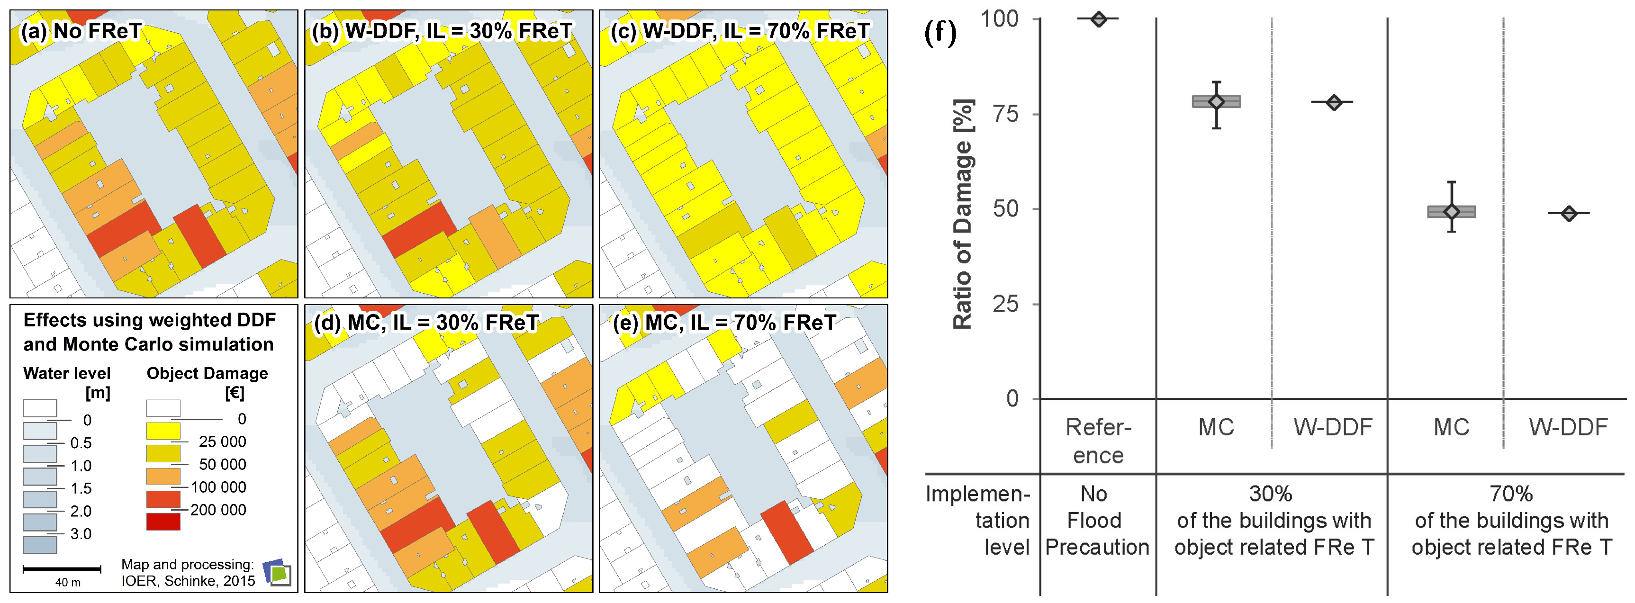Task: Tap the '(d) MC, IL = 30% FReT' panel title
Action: pos(426,323)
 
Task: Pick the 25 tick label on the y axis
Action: pos(1005,305)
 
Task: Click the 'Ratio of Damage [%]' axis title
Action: pos(962,214)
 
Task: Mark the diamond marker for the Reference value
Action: pos(1099,19)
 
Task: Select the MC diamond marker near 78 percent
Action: pos(1216,101)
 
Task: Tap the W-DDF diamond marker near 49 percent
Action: pos(1568,213)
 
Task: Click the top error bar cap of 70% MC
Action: pos(1452,182)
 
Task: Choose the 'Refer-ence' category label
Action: pos(1098,441)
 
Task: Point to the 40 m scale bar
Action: pos(62,569)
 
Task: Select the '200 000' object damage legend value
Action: pos(218,510)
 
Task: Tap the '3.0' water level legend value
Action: pos(81,534)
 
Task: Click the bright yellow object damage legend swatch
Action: pos(163,431)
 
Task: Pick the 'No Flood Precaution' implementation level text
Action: pos(1096,521)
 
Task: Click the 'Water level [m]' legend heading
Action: pos(67,382)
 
